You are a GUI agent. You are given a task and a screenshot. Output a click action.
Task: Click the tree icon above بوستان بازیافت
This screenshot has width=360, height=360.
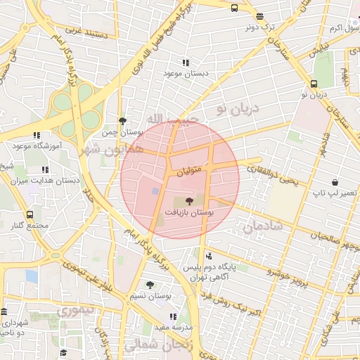[188, 200]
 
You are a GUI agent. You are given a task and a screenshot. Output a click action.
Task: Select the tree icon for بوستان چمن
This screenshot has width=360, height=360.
[123, 121]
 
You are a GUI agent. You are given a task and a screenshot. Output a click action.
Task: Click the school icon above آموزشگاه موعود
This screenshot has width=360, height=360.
[37, 135]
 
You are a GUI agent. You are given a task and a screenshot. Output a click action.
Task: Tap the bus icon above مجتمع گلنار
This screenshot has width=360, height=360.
[30, 214]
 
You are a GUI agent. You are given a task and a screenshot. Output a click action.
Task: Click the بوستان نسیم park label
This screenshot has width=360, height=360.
[150, 296]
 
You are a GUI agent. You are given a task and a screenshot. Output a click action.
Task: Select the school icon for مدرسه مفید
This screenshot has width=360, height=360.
[174, 317]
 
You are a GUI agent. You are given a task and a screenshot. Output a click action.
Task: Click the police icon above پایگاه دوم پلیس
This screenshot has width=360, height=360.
[208, 257]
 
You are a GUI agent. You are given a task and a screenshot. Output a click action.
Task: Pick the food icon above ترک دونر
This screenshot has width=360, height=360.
[260, 16]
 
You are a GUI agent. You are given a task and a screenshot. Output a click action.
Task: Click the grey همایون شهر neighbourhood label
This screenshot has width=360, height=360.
[112, 150]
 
